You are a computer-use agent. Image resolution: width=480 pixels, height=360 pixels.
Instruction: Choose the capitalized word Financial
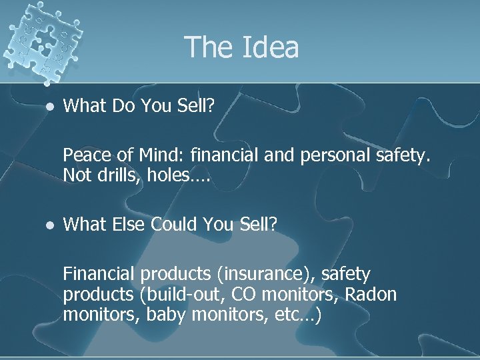[99, 274]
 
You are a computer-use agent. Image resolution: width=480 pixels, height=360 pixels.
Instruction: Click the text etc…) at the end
[297, 314]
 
